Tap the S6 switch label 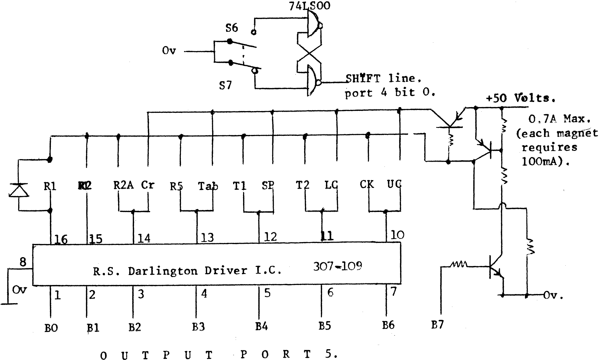coord(231,28)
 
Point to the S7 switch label coord(225,85)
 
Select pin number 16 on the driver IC coord(61,240)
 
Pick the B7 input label coord(437,324)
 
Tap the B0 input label coord(51,328)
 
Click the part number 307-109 coord(338,267)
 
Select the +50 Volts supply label coord(520,98)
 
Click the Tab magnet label coord(208,186)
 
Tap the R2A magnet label coord(124,185)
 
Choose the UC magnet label coord(394,185)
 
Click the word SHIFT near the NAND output coord(363,78)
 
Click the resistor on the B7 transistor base coord(457,265)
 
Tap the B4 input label coord(261,326)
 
